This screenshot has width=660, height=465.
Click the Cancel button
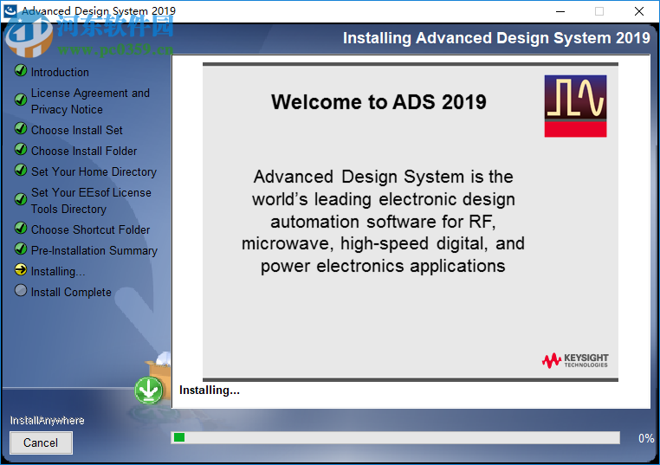41,442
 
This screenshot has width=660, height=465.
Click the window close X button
639,11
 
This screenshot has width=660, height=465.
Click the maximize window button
599,11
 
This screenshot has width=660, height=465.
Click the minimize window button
560,11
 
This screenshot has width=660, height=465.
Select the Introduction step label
60,72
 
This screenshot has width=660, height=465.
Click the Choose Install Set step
76,130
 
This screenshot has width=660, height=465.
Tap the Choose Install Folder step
84,151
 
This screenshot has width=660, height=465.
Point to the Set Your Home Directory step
94,171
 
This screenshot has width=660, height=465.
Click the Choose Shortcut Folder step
90,229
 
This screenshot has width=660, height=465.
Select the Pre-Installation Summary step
94,250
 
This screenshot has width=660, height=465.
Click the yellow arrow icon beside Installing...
21,270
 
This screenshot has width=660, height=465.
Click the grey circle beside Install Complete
21,291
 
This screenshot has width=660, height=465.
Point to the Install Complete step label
71,292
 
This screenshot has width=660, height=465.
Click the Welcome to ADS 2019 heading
379,102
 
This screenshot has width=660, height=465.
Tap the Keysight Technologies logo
575,359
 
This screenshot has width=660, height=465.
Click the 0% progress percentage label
646,438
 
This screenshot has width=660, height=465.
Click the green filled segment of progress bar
179,437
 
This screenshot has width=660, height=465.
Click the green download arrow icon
149,391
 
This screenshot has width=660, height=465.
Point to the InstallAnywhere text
47,420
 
